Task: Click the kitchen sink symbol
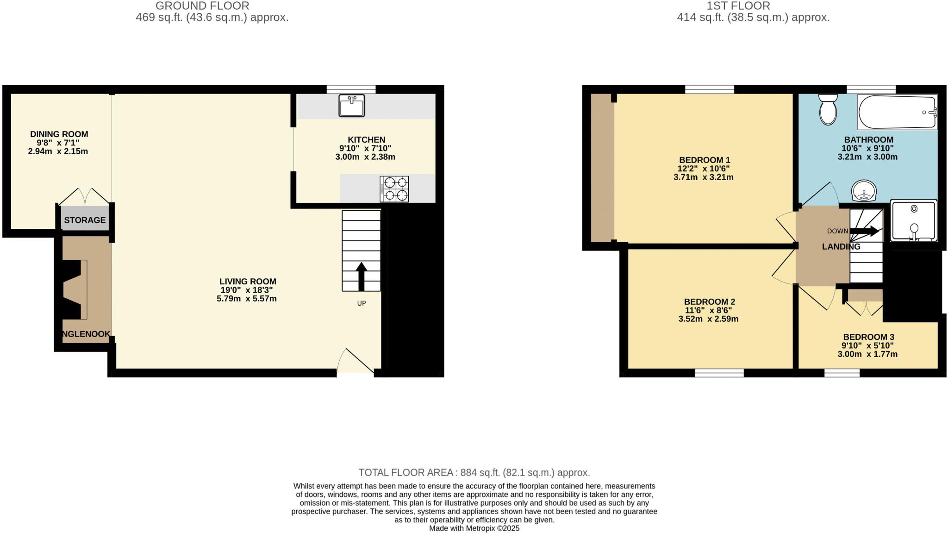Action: pyautogui.click(x=351, y=106)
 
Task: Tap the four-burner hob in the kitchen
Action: pyautogui.click(x=394, y=189)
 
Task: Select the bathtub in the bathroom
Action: pyautogui.click(x=897, y=112)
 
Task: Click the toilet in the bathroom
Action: pyautogui.click(x=828, y=110)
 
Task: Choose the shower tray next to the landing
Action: pyautogui.click(x=914, y=221)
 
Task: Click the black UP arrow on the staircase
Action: pyautogui.click(x=361, y=276)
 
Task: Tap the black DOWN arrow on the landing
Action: pyautogui.click(x=864, y=231)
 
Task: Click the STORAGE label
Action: pyautogui.click(x=85, y=220)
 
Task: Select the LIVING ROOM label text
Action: pyautogui.click(x=248, y=281)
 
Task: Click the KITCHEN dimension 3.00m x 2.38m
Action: pyautogui.click(x=365, y=157)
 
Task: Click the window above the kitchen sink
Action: pyautogui.click(x=351, y=89)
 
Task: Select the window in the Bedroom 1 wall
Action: pyautogui.click(x=710, y=89)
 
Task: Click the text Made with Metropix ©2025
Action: pyautogui.click(x=474, y=528)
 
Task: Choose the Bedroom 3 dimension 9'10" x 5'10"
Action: pyautogui.click(x=867, y=345)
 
